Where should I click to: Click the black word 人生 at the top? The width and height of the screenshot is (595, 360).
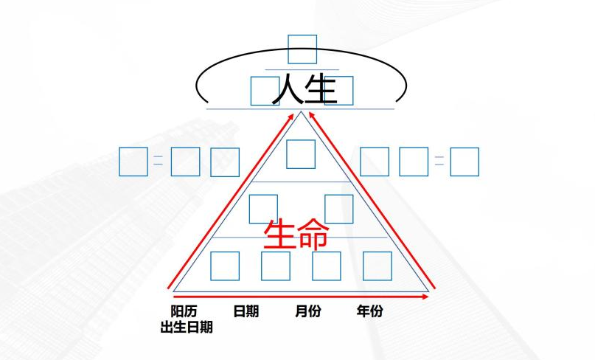click(304, 89)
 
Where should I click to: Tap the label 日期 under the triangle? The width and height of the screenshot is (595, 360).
click(246, 311)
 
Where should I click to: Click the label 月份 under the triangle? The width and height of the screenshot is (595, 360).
click(307, 311)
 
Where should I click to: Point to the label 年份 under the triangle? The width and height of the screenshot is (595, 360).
click(369, 311)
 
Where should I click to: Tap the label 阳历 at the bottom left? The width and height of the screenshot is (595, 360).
click(184, 311)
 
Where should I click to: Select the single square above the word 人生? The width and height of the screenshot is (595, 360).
click(302, 49)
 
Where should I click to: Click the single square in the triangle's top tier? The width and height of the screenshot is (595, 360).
click(301, 153)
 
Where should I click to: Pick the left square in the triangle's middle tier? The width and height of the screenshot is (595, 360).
click(263, 209)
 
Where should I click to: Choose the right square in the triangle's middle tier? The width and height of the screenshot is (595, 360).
click(339, 209)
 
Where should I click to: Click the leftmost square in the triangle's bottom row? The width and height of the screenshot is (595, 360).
click(225, 266)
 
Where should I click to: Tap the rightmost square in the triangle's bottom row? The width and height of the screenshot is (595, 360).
click(377, 266)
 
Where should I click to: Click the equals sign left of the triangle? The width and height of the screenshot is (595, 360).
click(158, 161)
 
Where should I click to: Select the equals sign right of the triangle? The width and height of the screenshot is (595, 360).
click(439, 161)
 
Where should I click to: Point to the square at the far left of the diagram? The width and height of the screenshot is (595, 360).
click(133, 162)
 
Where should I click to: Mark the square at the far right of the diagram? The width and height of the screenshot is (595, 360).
click(464, 162)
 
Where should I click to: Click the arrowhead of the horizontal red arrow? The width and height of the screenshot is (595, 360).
click(425, 297)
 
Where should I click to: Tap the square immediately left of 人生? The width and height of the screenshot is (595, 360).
click(264, 91)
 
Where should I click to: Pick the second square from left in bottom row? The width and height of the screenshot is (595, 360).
click(276, 266)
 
